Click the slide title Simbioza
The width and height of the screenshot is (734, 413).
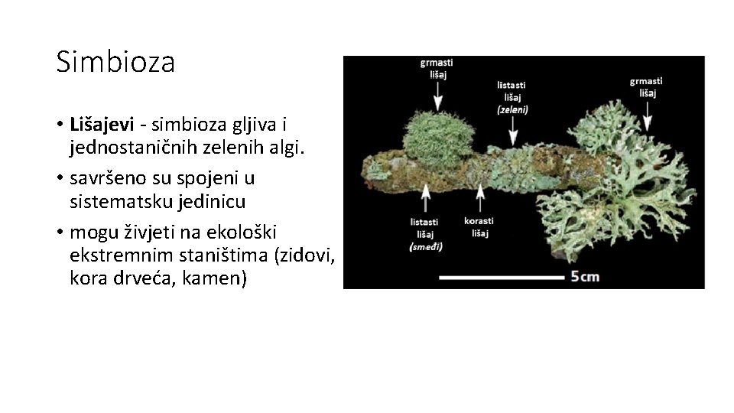pos(115,62)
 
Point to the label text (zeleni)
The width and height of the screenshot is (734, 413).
pos(512,109)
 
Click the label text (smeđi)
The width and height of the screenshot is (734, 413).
pos(427,247)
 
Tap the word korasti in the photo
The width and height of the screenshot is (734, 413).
pos(479,222)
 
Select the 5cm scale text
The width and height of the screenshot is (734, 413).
pos(586,276)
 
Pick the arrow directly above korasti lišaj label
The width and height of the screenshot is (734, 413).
pos(479,200)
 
